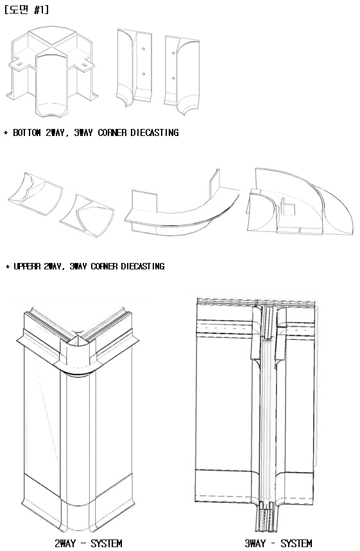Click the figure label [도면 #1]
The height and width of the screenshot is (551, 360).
pos(27,10)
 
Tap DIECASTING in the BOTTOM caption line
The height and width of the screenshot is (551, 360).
pos(155,133)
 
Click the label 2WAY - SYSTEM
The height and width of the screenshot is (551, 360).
pos(89,543)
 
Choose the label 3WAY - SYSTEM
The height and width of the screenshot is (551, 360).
pos(279,543)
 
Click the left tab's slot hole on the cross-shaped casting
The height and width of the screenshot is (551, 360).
pos(19,64)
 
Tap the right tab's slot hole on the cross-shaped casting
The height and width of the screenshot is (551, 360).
pos(84,64)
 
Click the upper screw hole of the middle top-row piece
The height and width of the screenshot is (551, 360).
pos(144,49)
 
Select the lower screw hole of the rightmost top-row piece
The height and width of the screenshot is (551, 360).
pos(173,78)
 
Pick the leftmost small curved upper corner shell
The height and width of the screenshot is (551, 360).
pos(35,194)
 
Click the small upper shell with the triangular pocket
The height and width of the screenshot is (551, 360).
pos(87,216)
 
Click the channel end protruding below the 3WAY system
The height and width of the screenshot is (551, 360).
pos(266,521)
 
